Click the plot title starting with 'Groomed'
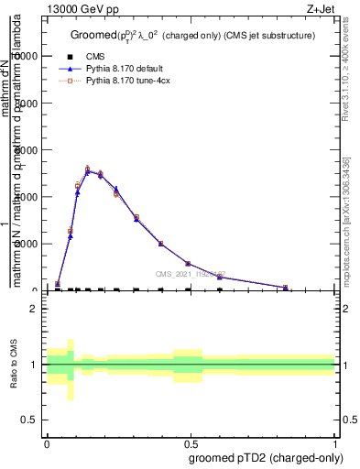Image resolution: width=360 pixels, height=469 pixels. point(192,35)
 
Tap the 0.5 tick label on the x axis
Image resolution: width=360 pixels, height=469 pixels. point(191,442)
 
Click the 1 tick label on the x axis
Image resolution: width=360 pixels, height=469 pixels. point(335,442)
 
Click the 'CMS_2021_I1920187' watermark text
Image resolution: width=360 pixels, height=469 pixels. point(191,274)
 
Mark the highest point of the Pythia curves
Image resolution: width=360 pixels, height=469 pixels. point(88,169)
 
